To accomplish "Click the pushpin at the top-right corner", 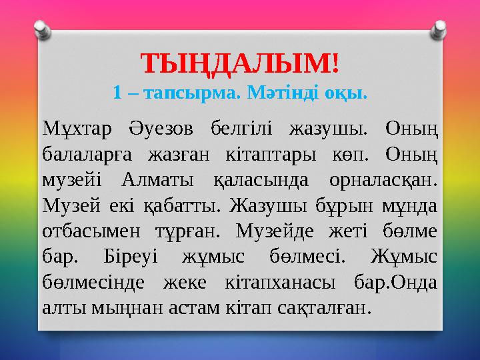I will (439, 27).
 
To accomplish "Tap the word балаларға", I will (85, 153).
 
